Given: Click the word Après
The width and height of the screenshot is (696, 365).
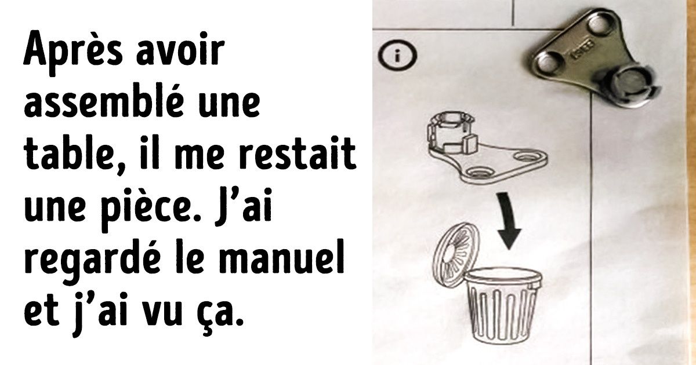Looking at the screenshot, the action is (72, 52).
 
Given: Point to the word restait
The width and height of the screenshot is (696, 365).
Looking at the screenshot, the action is (297, 154).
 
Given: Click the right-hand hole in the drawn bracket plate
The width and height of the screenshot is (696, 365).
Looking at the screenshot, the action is (527, 156).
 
